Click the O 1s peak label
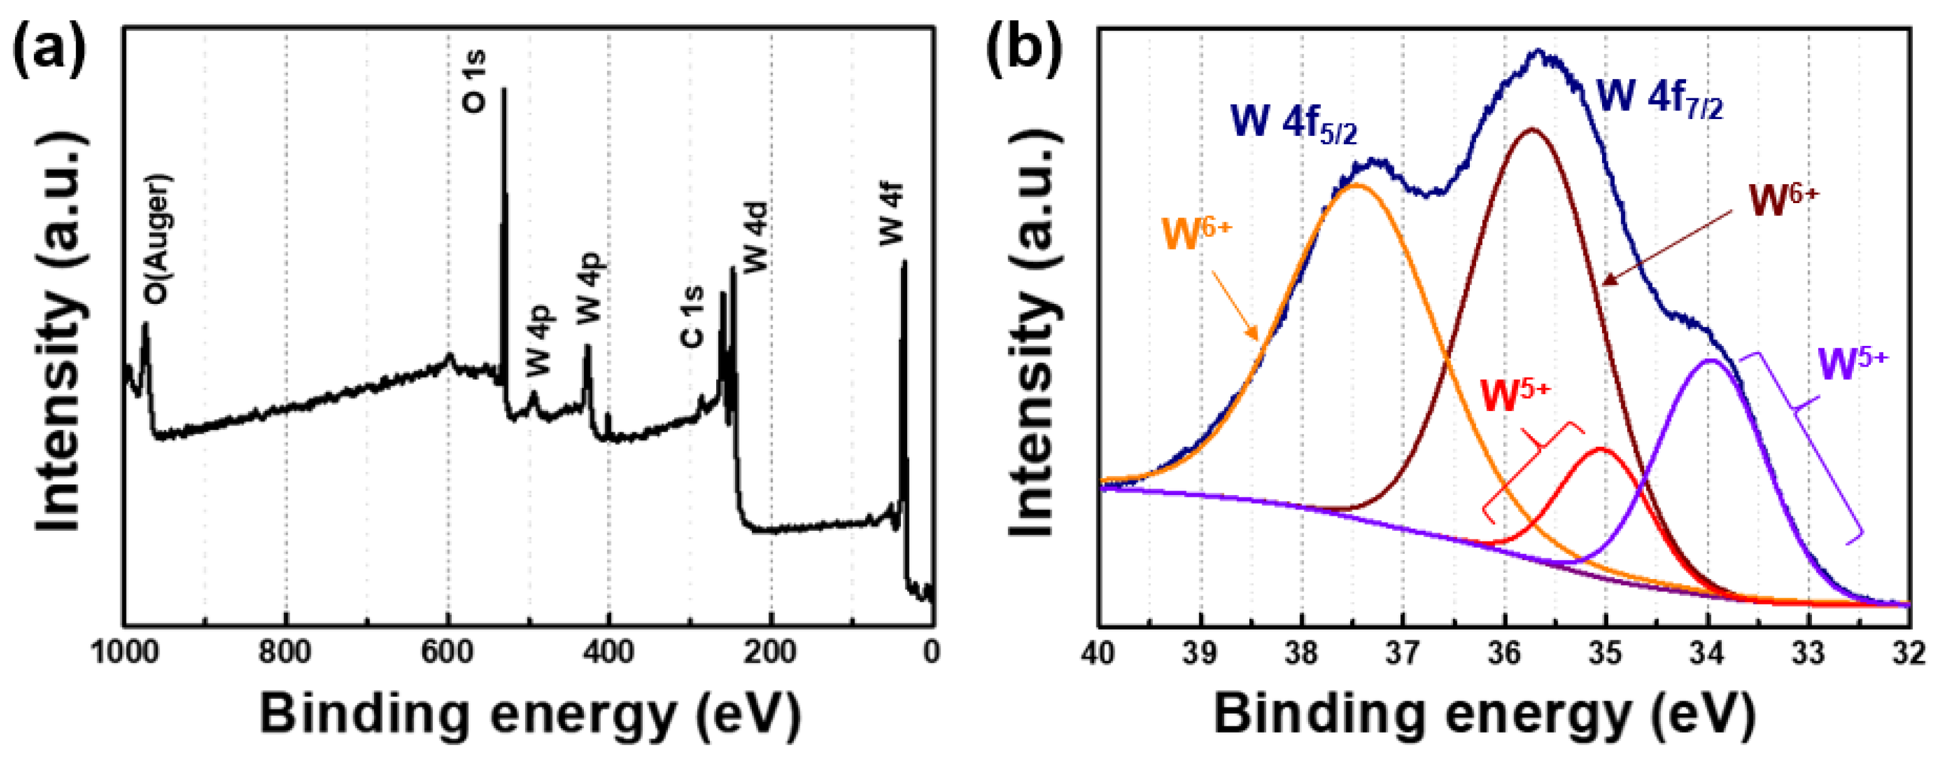pyautogui.click(x=475, y=81)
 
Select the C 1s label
pyautogui.click(x=691, y=316)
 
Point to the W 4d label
pyautogui.click(x=755, y=237)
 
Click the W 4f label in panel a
pyautogui.click(x=892, y=215)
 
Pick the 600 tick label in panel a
pyautogui.click(x=447, y=652)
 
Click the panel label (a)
pyautogui.click(x=49, y=51)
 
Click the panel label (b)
pyautogui.click(x=1025, y=51)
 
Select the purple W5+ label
pyautogui.click(x=1853, y=363)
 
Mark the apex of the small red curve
pyautogui.click(x=1600, y=450)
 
